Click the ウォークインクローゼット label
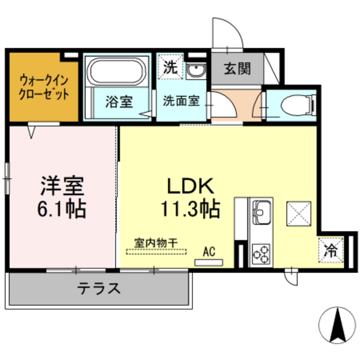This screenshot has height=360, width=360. click(x=43, y=87)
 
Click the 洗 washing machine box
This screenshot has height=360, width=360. click(x=169, y=67)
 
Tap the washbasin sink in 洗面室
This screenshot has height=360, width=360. click(x=196, y=70)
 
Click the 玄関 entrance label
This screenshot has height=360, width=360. click(x=237, y=69)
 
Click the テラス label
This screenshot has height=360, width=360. click(x=99, y=289)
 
